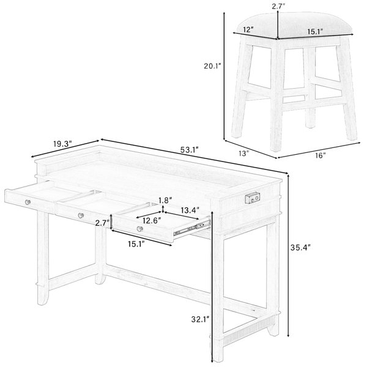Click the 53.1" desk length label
190,150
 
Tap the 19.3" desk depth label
62,144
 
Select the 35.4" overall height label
300,247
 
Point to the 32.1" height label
200,319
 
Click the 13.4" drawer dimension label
190,210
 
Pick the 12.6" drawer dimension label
152,220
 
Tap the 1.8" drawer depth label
165,201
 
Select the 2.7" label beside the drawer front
102,223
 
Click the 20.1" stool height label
212,66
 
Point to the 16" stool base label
320,155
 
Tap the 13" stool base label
243,154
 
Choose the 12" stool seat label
248,30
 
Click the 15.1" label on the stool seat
315,31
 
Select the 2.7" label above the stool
278,6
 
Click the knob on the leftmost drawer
28,202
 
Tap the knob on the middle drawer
81,215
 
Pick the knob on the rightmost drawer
140,229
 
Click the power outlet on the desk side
252,198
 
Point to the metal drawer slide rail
192,227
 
